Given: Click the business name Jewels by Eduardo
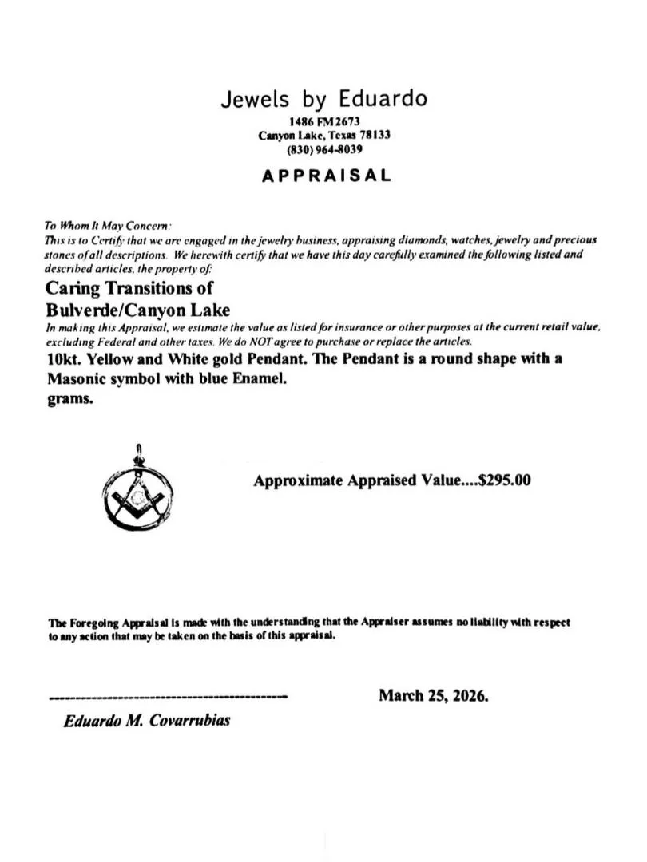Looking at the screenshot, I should coord(323,99).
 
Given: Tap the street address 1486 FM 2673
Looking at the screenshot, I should coord(323,122).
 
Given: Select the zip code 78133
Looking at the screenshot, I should coord(374,136).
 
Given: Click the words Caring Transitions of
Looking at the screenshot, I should coord(129,287).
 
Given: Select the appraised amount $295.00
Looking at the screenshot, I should coord(503,480).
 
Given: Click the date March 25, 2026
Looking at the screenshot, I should coord(433,695).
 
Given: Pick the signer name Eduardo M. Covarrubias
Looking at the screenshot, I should coord(147,720).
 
